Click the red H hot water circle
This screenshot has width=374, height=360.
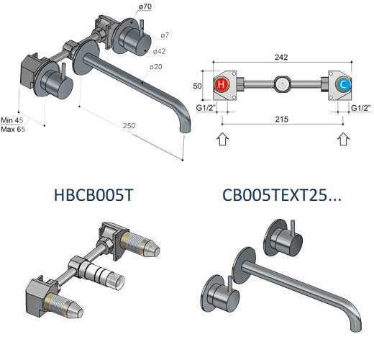point(222,84)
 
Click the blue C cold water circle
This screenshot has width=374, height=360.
point(343,84)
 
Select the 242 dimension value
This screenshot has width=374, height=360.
point(281,57)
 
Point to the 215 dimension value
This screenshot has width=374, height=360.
point(282,120)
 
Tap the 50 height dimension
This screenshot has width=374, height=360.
point(197,86)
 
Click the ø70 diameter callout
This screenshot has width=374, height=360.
point(145,6)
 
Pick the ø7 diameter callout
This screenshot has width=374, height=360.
point(165,35)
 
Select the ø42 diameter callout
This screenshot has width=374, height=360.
point(160,51)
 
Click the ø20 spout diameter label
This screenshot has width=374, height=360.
point(156,67)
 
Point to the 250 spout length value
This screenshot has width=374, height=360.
point(129,125)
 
